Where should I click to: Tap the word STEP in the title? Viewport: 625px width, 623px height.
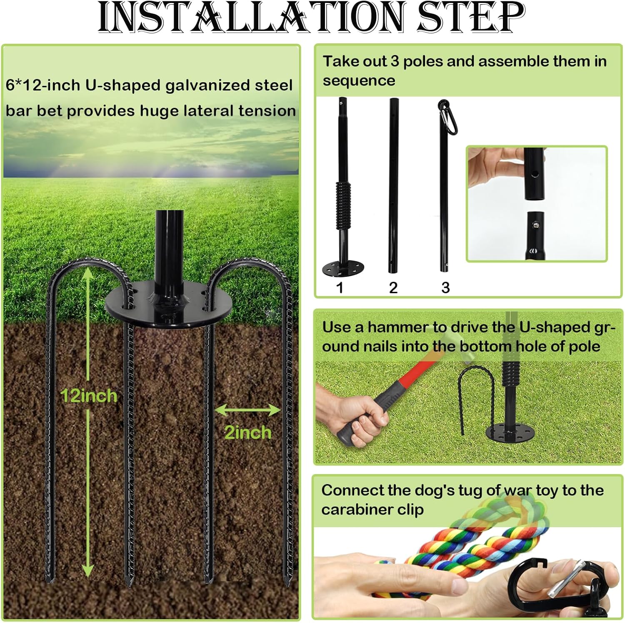[471, 18]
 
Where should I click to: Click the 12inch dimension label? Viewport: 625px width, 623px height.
[88, 396]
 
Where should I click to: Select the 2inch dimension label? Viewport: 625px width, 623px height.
[248, 432]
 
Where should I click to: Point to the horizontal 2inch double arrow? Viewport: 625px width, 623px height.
[248, 410]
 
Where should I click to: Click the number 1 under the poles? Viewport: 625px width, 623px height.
[340, 287]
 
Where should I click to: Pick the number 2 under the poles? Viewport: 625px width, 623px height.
[393, 287]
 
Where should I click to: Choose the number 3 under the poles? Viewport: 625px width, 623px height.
[445, 287]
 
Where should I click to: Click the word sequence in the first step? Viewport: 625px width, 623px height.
[359, 80]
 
